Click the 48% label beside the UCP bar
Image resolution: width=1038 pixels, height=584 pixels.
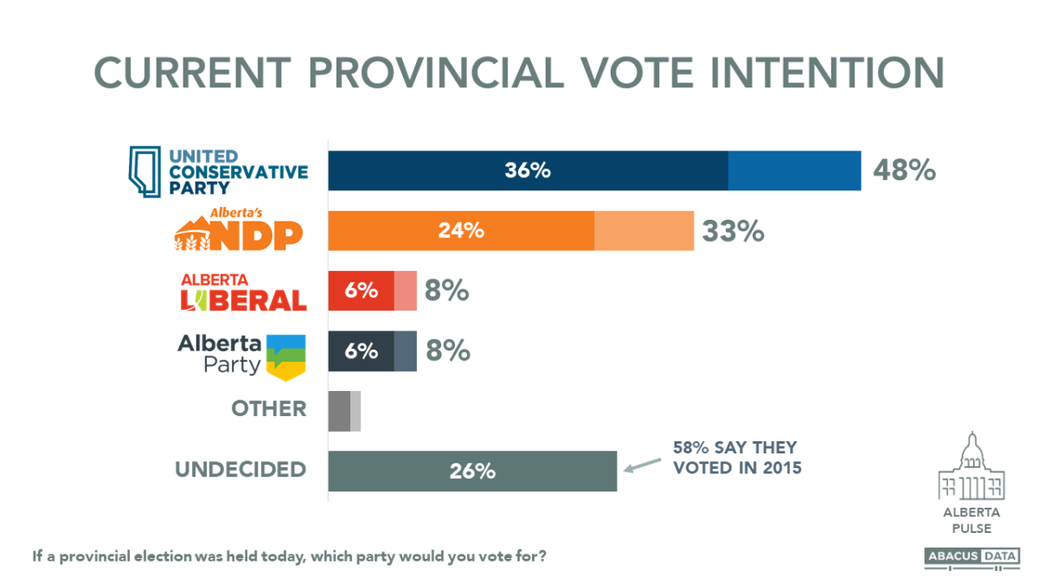click(x=904, y=170)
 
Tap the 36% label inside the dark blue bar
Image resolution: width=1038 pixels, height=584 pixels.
click(x=528, y=170)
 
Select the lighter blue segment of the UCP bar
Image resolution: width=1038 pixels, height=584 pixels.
click(x=794, y=170)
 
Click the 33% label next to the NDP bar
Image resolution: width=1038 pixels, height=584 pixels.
click(x=733, y=231)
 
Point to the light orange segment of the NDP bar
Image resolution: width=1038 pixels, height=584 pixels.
click(x=644, y=231)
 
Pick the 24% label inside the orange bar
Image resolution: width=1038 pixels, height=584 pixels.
click(x=460, y=231)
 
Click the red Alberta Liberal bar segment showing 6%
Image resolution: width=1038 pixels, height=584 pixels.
click(x=361, y=291)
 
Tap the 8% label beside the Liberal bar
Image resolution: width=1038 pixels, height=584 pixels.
click(x=446, y=292)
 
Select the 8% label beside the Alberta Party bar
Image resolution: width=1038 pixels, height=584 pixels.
click(x=446, y=351)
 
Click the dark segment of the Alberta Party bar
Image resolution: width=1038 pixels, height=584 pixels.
click(x=361, y=351)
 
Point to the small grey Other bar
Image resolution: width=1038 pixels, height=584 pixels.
click(x=343, y=411)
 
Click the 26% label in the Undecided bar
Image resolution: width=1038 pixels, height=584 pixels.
click(x=471, y=472)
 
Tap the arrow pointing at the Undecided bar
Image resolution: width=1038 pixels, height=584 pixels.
click(x=641, y=467)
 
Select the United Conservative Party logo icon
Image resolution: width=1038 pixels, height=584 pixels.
click(x=145, y=171)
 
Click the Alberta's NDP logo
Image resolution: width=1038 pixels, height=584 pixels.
click(x=240, y=230)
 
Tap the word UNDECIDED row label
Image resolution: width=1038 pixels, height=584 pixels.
click(x=240, y=470)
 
